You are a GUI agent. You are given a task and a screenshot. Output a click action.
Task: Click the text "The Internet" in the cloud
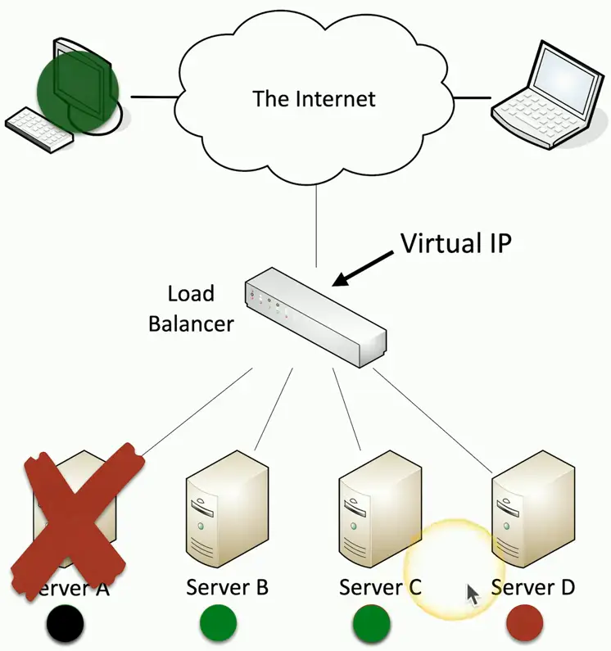tap(314, 99)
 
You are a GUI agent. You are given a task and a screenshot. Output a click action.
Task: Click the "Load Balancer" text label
tap(190, 308)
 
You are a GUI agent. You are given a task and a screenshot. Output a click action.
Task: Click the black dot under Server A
tap(66, 625)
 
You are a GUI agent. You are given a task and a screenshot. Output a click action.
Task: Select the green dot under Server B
tap(219, 625)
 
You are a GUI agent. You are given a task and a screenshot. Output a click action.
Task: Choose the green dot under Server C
tap(371, 625)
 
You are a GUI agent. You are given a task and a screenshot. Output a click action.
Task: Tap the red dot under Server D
tap(524, 623)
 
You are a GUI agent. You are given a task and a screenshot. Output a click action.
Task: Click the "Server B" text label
tap(227, 587)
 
